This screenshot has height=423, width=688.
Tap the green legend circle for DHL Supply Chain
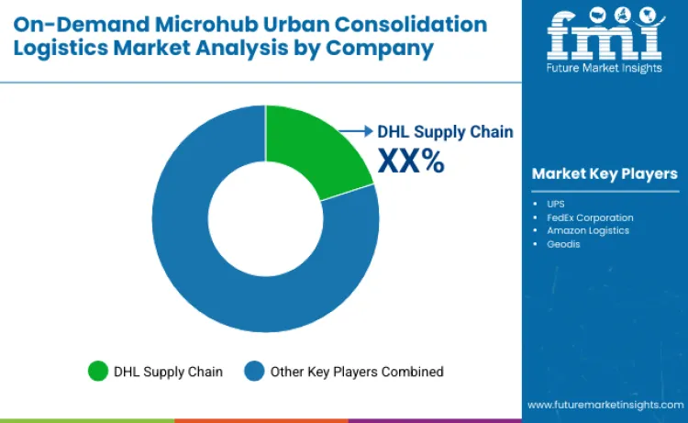pos(97,372)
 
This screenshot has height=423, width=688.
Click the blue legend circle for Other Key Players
pos(254,372)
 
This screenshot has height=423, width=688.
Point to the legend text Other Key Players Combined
pos(357,372)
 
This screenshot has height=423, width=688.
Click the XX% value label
pos(411,161)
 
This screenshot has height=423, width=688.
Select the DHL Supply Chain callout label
pos(445,131)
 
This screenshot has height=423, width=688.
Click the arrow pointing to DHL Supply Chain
pos(358,131)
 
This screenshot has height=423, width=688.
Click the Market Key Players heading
pos(604,173)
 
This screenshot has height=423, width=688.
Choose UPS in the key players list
pos(556,204)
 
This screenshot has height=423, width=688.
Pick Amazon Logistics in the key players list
pos(587,230)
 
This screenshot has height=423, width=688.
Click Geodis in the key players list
pos(563,244)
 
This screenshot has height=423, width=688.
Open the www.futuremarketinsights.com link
pos(605,404)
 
